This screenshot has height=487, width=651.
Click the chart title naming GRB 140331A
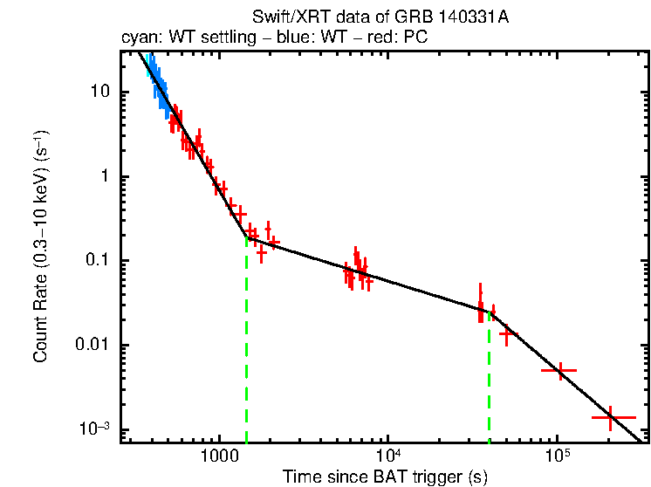click(384, 17)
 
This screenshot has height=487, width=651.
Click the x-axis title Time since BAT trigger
click(384, 476)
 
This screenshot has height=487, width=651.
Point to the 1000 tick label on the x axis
click(219, 456)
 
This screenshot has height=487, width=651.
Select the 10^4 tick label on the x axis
click(387, 456)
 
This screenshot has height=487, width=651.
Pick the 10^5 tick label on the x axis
click(556, 456)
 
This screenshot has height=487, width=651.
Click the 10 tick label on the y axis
click(99, 93)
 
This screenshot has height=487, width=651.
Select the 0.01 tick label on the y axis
click(93, 345)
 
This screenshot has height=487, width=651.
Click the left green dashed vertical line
click(247, 349)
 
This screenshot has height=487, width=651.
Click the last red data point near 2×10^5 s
click(610, 418)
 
